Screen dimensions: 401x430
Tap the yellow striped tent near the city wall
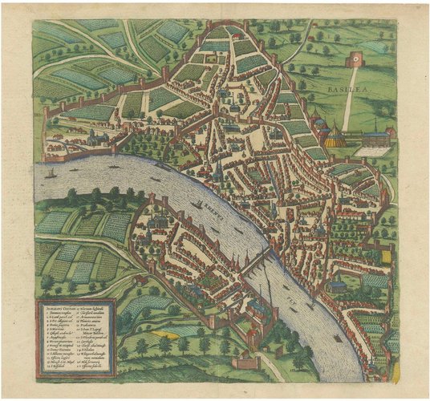338,138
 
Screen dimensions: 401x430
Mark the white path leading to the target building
350,96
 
